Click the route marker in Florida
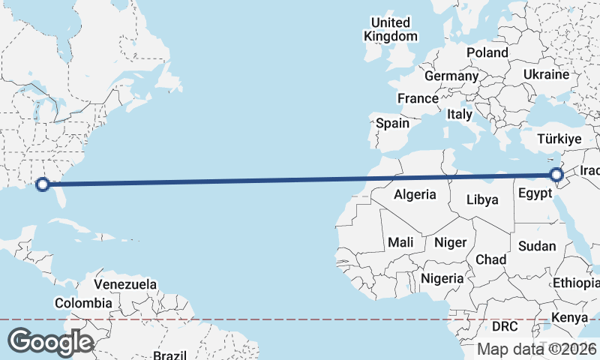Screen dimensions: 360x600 [x=43, y=184]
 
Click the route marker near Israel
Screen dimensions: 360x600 [x=556, y=175]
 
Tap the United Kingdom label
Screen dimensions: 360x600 [x=391, y=29]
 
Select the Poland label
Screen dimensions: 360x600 [x=487, y=52]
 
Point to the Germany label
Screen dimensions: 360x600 [x=451, y=76]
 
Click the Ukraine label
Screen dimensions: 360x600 [x=546, y=75]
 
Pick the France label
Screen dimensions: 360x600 [x=418, y=98]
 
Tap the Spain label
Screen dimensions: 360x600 [x=392, y=123]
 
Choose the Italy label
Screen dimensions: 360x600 [x=459, y=115]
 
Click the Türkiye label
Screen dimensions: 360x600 [x=559, y=139]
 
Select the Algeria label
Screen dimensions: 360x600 [x=415, y=194]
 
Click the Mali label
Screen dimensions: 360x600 [x=400, y=242]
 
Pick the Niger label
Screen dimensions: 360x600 [x=450, y=242]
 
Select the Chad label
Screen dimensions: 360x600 [x=491, y=259]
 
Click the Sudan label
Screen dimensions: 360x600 [x=537, y=246]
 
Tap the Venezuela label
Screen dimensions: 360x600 [x=125, y=284]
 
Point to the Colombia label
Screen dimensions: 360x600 [x=83, y=303]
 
